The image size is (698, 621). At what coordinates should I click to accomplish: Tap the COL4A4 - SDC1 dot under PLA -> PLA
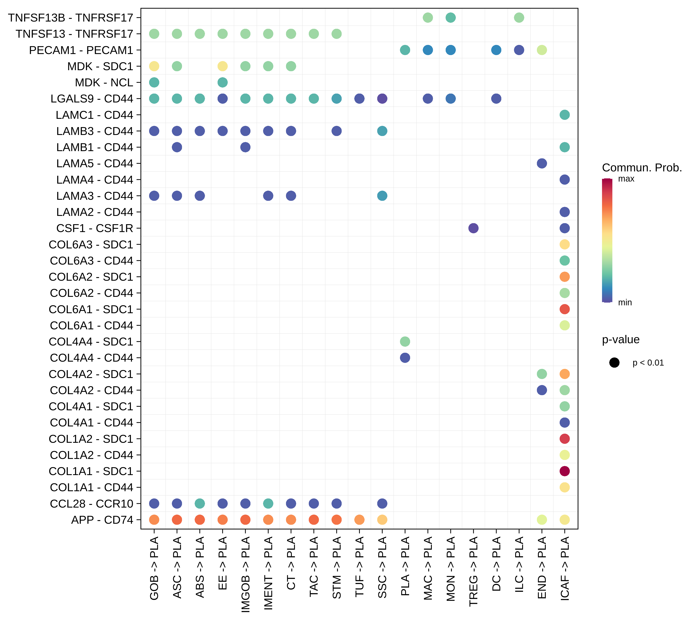click(x=405, y=341)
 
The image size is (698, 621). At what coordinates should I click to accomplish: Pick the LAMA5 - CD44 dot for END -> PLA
click(x=542, y=163)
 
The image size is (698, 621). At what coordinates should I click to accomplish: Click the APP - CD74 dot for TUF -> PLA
click(x=359, y=520)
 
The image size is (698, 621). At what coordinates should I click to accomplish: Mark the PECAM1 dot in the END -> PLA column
click(x=542, y=50)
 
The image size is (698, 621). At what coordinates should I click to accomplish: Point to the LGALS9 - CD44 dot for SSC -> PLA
click(x=382, y=99)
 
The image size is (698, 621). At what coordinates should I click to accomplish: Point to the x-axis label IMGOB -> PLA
click(x=245, y=574)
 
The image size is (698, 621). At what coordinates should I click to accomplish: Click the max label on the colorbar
click(x=626, y=179)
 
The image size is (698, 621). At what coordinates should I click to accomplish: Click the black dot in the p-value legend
click(x=614, y=363)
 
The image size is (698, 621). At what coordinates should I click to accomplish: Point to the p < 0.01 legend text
click(x=648, y=363)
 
